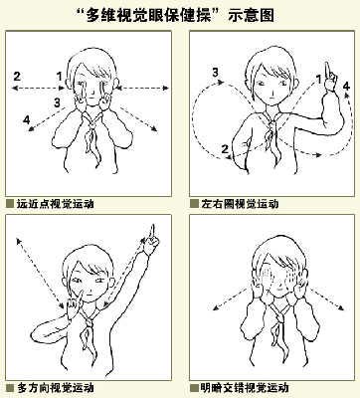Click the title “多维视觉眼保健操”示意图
(180, 15)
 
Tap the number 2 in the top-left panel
(17, 77)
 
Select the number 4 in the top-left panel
(27, 119)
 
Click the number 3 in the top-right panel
(216, 72)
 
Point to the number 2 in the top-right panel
(225, 149)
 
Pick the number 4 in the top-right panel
(346, 87)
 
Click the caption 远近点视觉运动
(55, 203)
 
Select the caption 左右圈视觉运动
(240, 203)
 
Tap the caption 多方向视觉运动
(55, 387)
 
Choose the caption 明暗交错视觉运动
(245, 387)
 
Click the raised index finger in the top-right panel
(327, 72)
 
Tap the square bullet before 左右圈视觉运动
(194, 203)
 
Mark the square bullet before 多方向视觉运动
(10, 387)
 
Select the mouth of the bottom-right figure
(278, 289)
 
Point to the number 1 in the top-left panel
(60, 77)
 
